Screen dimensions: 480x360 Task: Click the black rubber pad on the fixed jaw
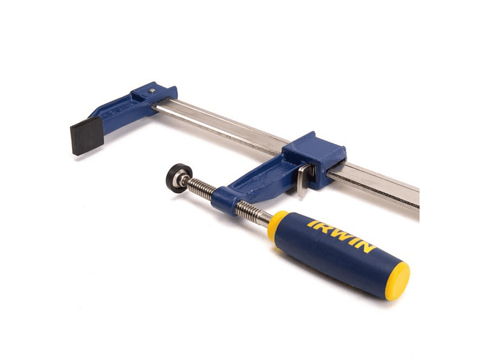[87, 135]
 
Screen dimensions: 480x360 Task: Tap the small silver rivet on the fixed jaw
[151, 90]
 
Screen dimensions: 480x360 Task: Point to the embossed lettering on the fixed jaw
[119, 111]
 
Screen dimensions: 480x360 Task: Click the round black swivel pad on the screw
[176, 179]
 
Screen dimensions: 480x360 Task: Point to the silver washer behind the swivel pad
[184, 179]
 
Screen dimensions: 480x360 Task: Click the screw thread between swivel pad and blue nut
[201, 189]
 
